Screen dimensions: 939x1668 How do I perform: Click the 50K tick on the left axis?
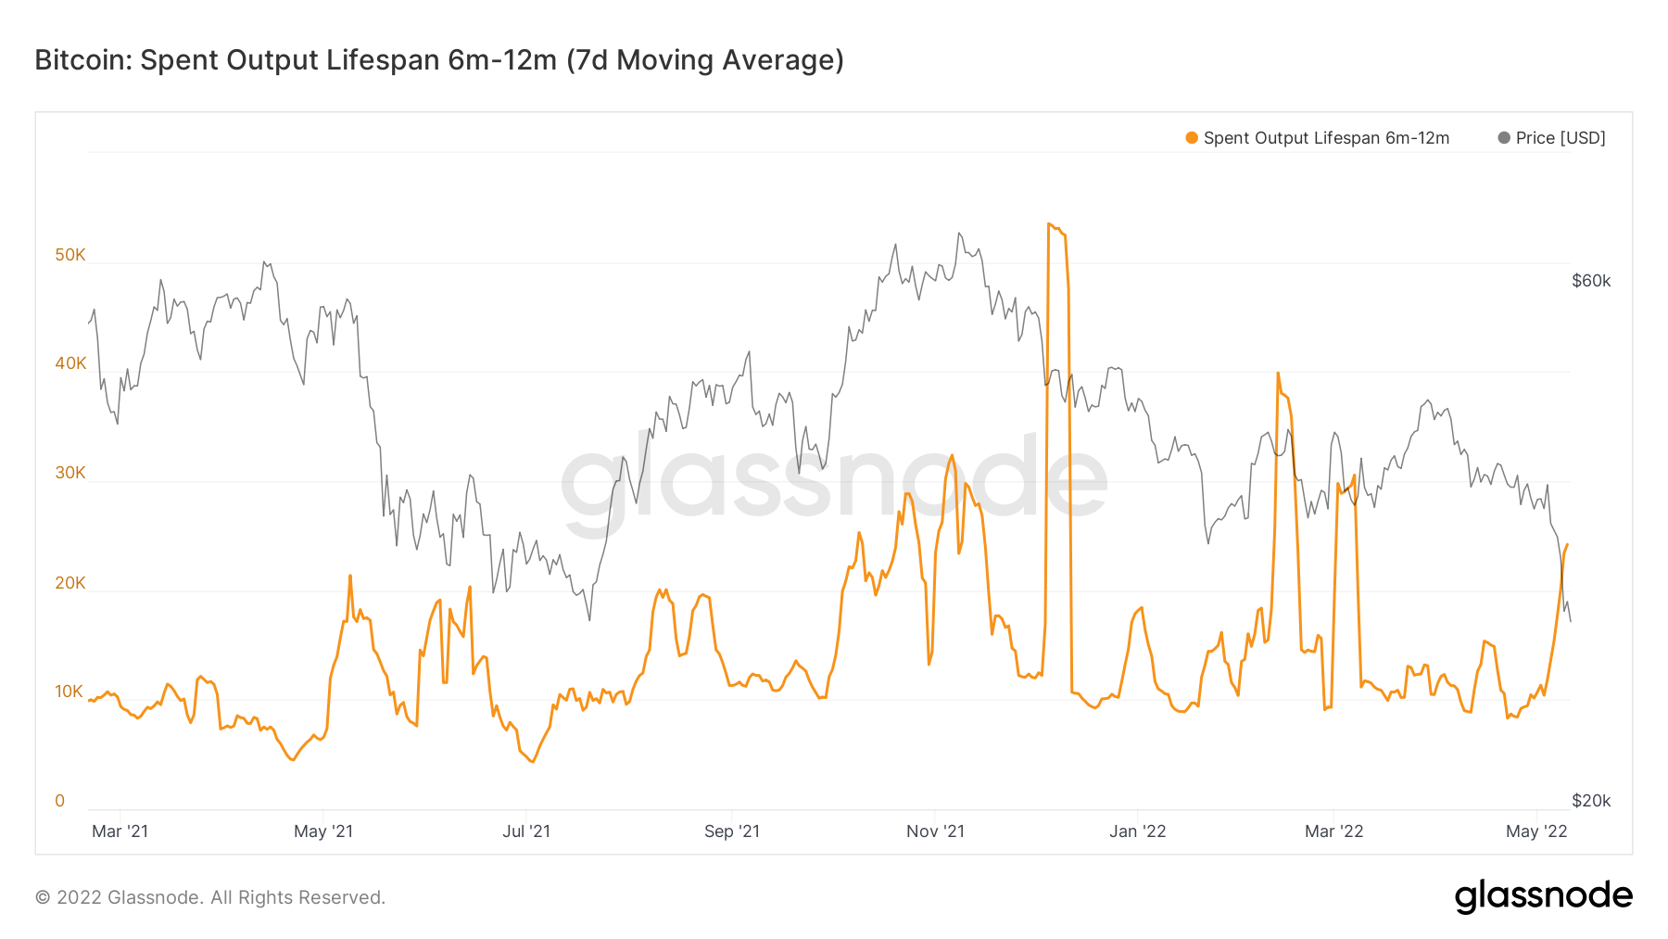(69, 255)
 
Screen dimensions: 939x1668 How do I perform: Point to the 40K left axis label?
(69, 363)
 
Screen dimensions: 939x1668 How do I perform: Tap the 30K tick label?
(69, 473)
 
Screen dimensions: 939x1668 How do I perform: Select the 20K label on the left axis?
(69, 583)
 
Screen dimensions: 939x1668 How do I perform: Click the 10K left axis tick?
(69, 692)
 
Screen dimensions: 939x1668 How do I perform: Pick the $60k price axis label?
(1591, 281)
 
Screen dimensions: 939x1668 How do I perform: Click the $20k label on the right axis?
(1591, 801)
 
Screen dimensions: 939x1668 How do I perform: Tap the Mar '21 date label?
(120, 831)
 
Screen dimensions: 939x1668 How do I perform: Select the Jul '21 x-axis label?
(526, 831)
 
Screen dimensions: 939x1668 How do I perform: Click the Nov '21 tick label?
(935, 831)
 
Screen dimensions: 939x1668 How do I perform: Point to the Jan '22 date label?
(1138, 831)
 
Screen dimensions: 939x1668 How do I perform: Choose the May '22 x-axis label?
(1536, 831)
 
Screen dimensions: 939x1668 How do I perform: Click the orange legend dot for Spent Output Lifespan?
(1192, 138)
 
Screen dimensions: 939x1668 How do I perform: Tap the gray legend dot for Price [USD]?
(1504, 138)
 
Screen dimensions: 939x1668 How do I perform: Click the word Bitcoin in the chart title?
(83, 60)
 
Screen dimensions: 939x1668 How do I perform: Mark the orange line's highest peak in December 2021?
(1049, 224)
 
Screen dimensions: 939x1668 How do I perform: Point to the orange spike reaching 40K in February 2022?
(1278, 374)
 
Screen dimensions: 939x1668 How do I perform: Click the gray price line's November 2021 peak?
(959, 234)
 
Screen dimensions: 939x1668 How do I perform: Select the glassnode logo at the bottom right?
(1543, 896)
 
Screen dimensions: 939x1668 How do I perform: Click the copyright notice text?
(210, 897)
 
